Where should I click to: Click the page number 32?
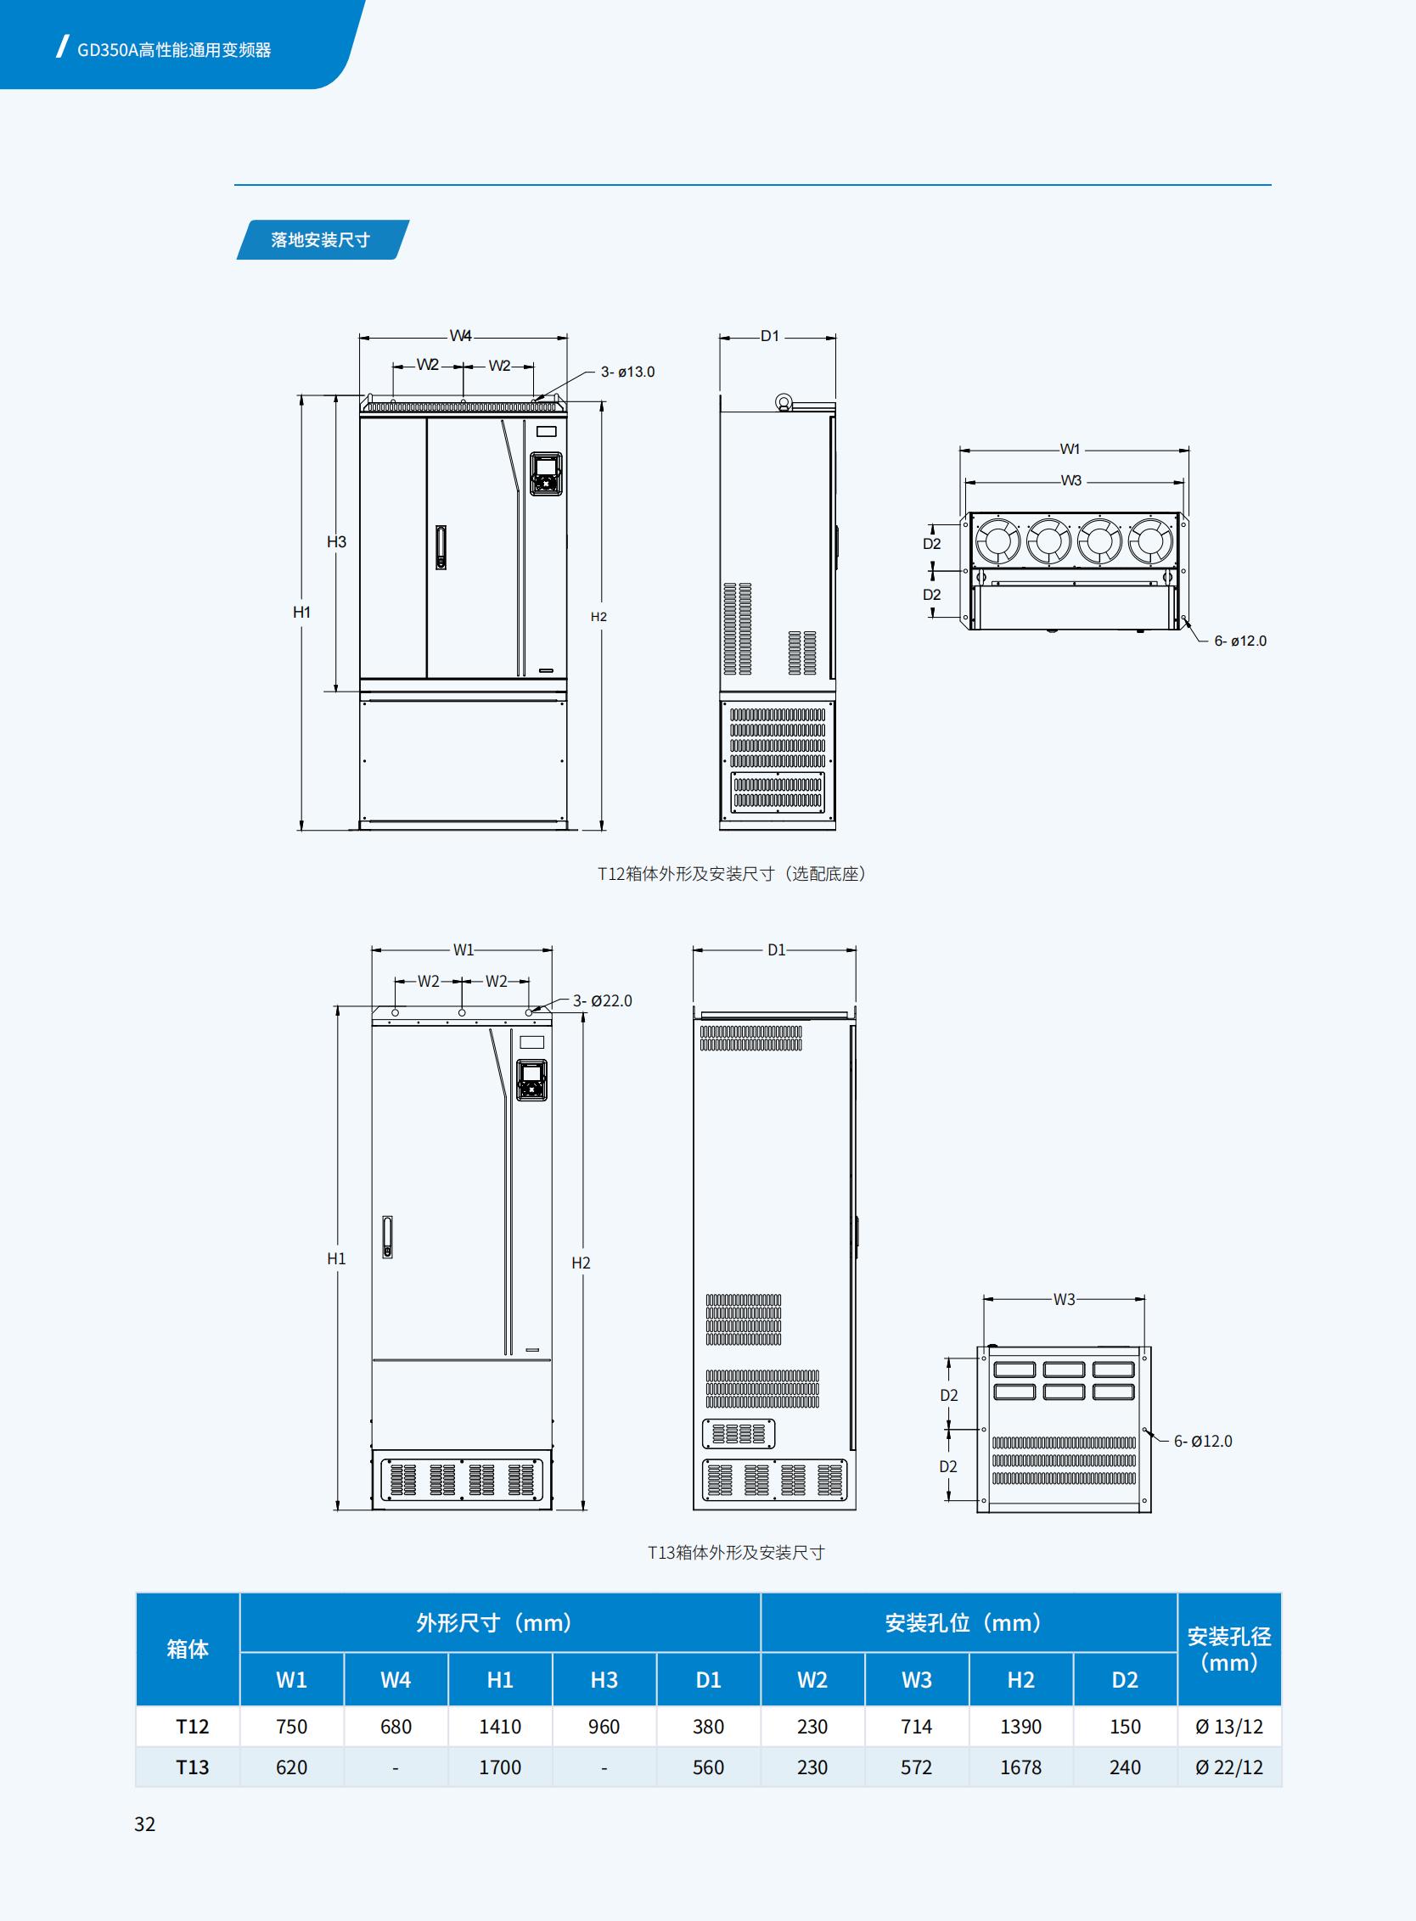(145, 1824)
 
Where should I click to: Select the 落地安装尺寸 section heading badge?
(322, 240)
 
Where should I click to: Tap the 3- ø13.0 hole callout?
(627, 372)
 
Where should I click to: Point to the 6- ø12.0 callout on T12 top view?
(1239, 641)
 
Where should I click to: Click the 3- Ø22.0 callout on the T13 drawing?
(603, 1000)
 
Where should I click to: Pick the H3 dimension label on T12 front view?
(336, 541)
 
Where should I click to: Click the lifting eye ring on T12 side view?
(784, 403)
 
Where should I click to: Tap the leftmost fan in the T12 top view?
(997, 541)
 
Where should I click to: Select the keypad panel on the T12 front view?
(545, 473)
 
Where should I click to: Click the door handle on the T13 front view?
(387, 1237)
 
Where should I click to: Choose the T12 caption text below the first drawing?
(731, 874)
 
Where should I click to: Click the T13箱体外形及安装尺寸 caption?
(735, 1553)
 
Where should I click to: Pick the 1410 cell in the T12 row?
(500, 1727)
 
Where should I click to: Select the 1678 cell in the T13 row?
(1020, 1767)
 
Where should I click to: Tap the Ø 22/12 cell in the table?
(1229, 1767)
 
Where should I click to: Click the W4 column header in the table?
(395, 1679)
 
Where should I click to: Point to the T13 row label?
(192, 1767)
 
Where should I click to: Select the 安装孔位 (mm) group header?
(968, 1623)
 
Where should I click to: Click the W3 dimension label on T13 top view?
(1064, 1300)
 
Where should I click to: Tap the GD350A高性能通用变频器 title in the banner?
(174, 50)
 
